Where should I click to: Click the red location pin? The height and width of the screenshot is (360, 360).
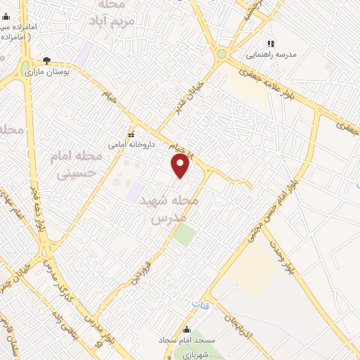click(181, 165)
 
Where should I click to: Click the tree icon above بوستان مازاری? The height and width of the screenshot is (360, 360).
click(47, 60)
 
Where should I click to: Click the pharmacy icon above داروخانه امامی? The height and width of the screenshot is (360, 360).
click(130, 134)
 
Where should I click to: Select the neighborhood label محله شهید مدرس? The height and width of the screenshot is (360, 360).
click(175, 210)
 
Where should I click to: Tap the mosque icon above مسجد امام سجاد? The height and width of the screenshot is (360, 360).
click(186, 329)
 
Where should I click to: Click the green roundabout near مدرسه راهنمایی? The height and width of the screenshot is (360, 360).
click(222, 53)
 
